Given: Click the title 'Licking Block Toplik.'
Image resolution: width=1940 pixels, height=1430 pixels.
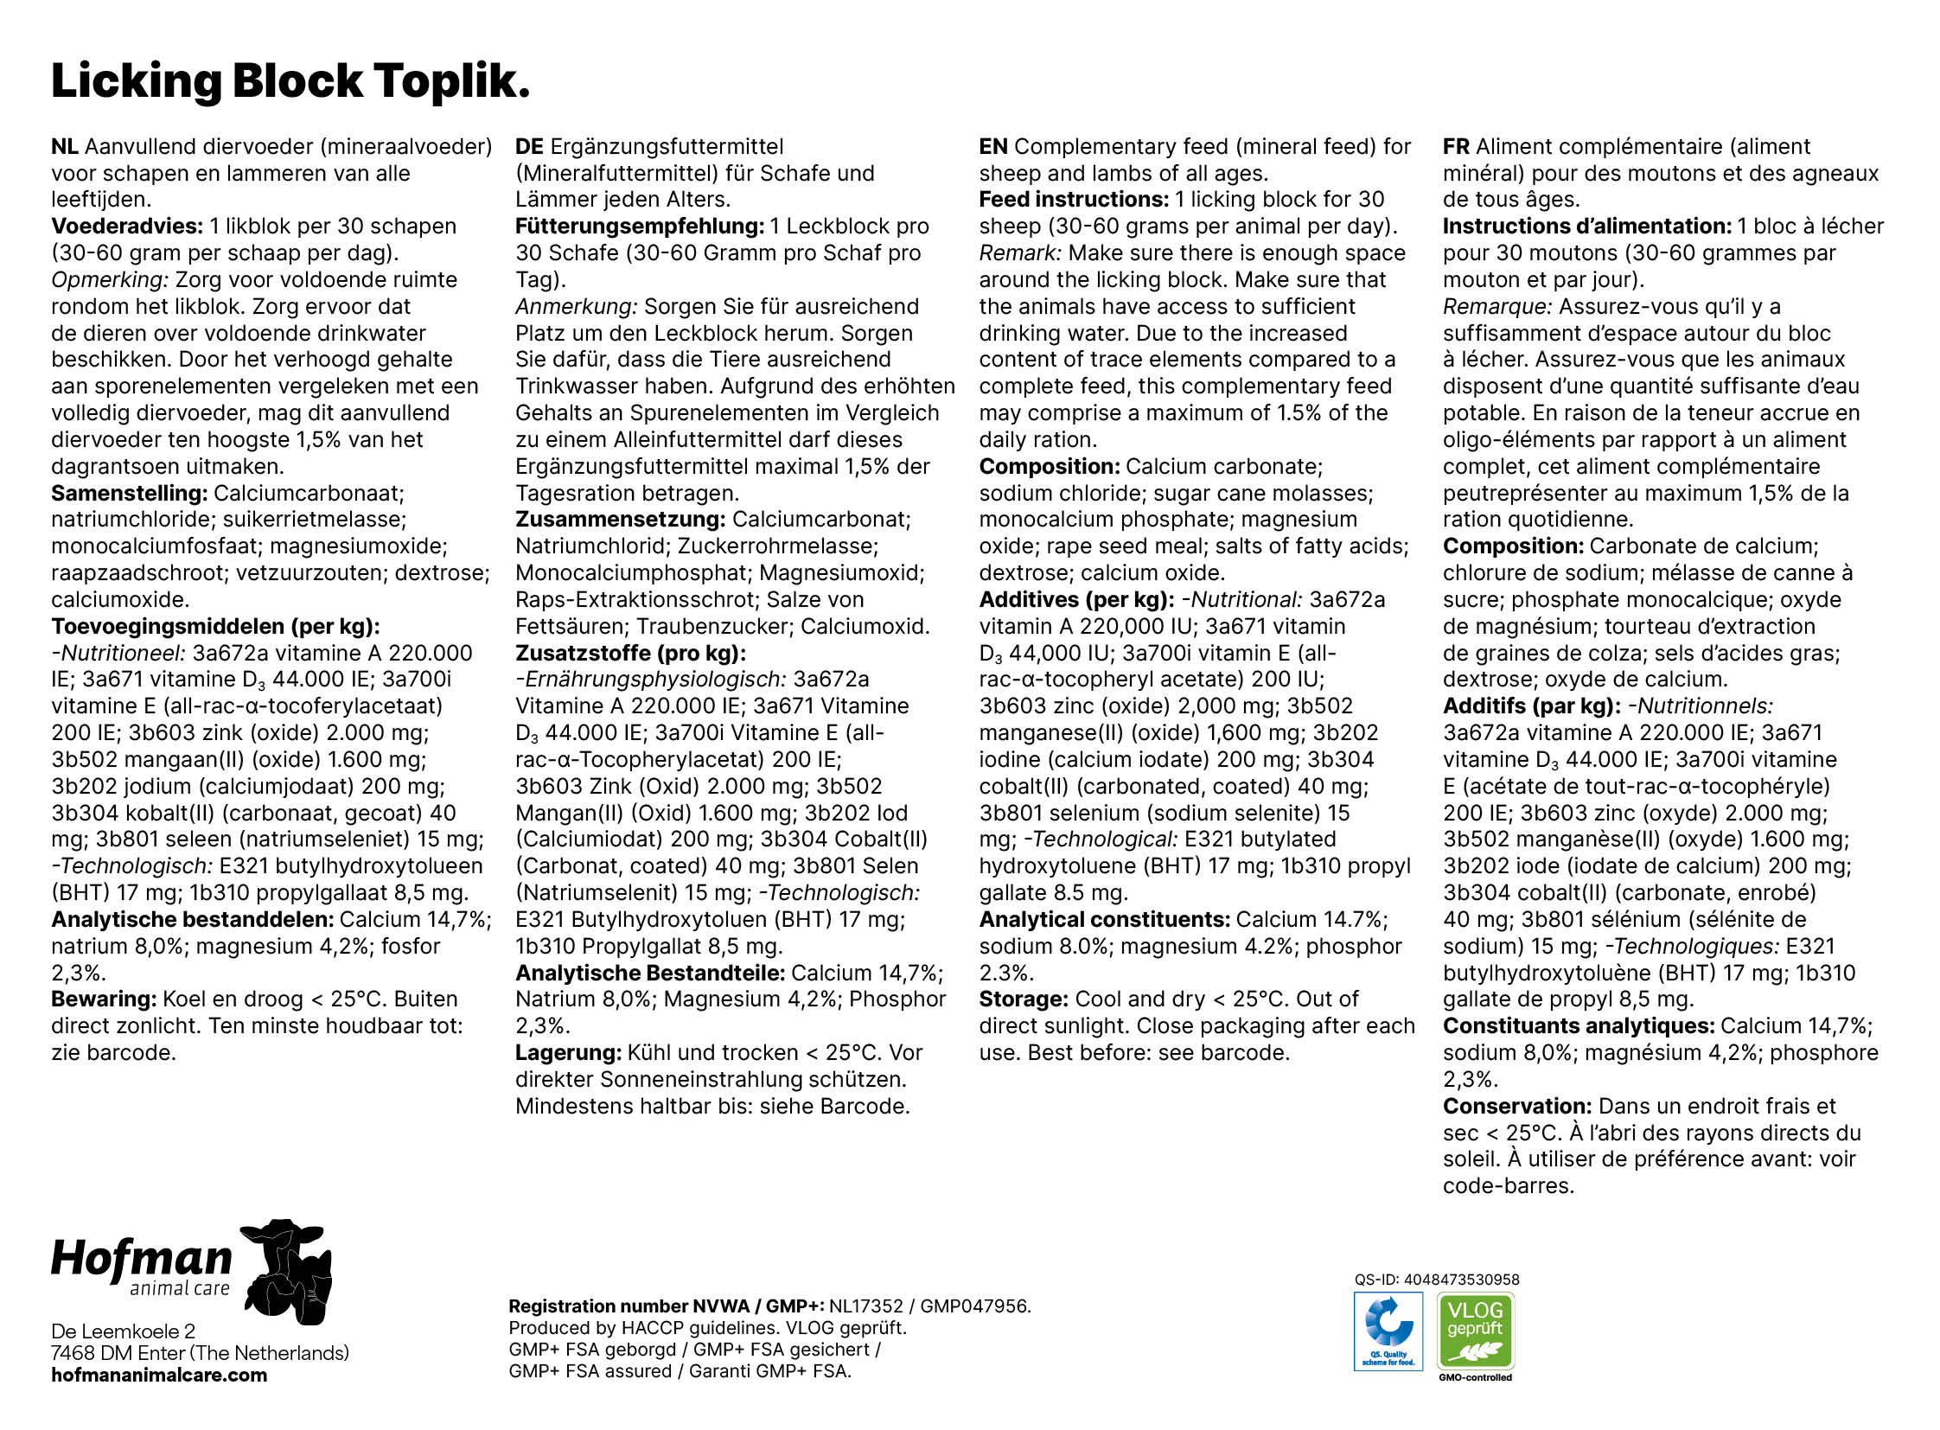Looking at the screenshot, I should [x=290, y=81].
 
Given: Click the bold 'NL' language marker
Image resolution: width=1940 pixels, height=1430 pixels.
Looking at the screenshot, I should [x=64, y=147].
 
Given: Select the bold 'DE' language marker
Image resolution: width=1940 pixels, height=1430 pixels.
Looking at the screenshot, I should [x=529, y=147].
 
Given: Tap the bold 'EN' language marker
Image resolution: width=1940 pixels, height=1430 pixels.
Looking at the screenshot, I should [x=993, y=147].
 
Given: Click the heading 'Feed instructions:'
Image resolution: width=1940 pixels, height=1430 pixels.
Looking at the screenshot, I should [x=1074, y=200].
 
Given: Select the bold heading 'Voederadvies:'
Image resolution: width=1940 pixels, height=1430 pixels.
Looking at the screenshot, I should [x=127, y=227].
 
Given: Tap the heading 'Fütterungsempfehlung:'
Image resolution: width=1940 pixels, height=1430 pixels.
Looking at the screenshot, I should [x=639, y=227].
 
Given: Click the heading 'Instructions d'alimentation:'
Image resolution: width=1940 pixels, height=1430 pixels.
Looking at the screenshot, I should [x=1586, y=227].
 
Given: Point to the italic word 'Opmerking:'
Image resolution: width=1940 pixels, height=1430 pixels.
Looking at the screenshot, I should [x=109, y=280].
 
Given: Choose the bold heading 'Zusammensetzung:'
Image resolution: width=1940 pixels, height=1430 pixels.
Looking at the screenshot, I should [x=620, y=520].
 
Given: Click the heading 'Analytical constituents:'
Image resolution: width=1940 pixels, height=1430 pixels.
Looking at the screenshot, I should [x=1104, y=919].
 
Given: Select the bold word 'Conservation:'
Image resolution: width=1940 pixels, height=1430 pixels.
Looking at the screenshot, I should [x=1516, y=1107].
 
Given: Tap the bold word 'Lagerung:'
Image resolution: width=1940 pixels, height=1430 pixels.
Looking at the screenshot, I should [x=568, y=1052].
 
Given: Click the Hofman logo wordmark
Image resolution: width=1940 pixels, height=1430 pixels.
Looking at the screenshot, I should [x=142, y=1261].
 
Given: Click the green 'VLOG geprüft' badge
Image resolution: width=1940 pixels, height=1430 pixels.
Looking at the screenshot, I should [x=1475, y=1331].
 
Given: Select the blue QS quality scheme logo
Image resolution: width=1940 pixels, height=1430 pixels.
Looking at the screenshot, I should [x=1388, y=1331].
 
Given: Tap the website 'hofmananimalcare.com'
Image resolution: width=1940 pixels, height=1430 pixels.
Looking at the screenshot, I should [x=159, y=1376].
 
